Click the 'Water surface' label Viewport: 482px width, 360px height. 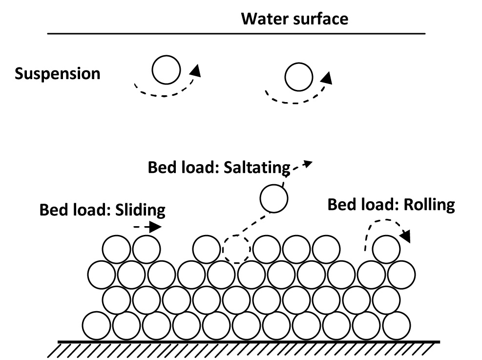[x=295, y=19]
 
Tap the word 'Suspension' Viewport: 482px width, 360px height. [x=58, y=74]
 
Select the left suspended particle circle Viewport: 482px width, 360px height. [x=166, y=70]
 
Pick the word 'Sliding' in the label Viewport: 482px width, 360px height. [x=140, y=210]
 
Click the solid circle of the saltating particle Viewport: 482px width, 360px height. [x=273, y=198]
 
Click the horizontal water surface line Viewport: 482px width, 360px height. [x=236, y=34]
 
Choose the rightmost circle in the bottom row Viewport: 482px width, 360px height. [x=396, y=325]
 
